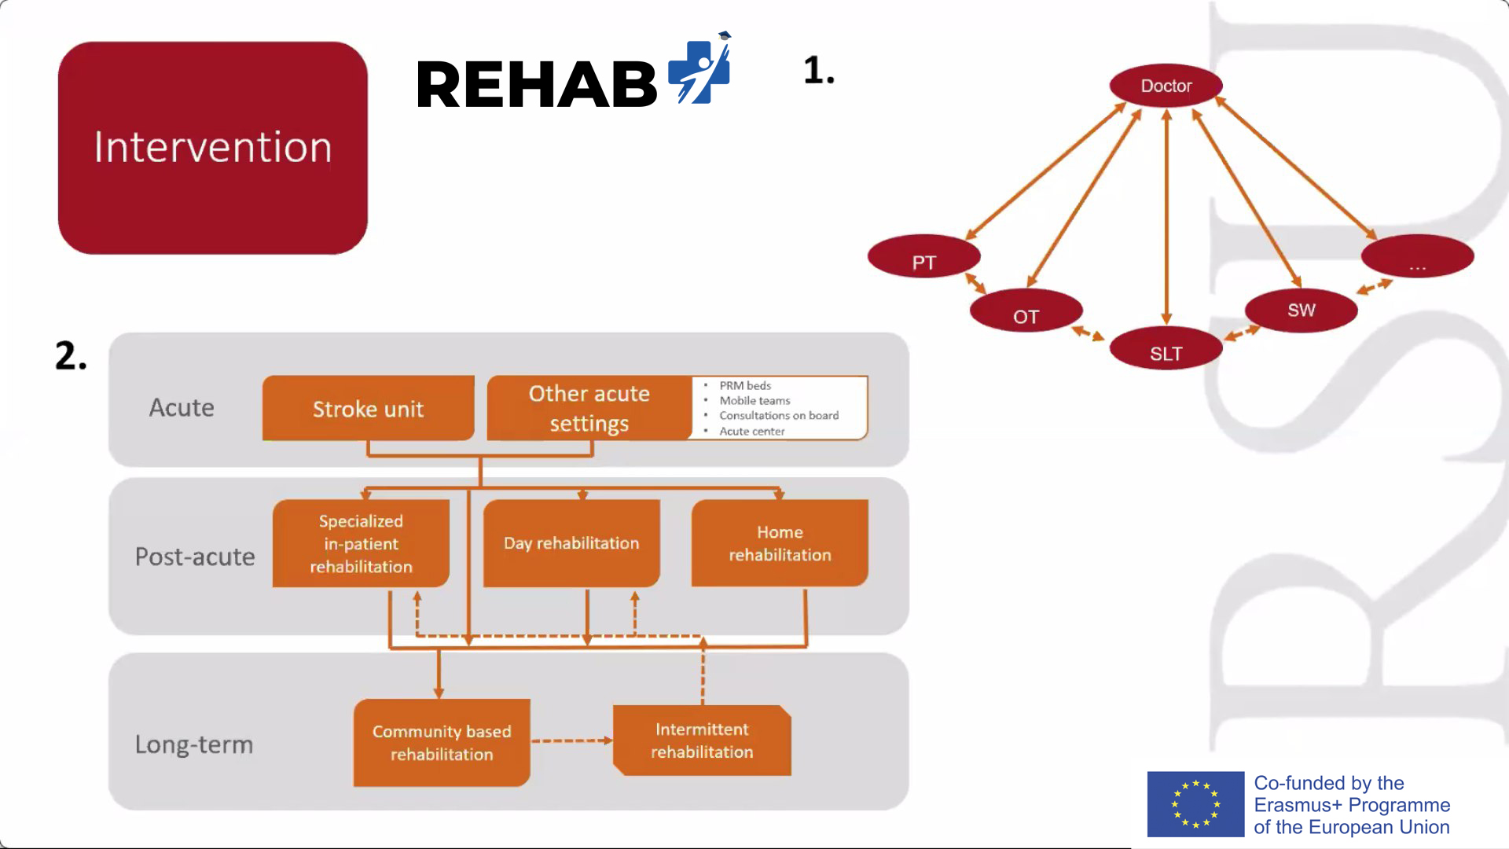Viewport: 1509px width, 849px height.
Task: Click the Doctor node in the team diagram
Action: pos(1166,85)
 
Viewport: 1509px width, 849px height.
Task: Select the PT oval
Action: pos(924,256)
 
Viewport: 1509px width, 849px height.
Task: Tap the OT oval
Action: pos(1026,311)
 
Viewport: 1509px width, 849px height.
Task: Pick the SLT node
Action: pos(1166,348)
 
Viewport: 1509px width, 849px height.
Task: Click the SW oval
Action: pos(1302,311)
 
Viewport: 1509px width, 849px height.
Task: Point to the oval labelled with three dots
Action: pos(1418,256)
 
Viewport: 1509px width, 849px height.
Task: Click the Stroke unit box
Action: pos(369,408)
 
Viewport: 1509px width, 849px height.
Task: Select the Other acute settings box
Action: pos(589,408)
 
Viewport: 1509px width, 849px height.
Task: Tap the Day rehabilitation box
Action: pos(571,543)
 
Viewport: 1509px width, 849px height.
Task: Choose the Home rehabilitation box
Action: pos(780,543)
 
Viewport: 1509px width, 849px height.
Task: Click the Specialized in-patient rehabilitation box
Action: pos(361,543)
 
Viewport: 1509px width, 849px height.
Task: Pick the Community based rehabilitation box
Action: pos(442,743)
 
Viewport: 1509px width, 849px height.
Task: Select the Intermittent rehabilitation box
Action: pos(702,741)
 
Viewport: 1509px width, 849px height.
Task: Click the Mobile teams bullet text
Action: pos(754,401)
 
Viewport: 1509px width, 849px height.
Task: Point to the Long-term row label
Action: pos(194,744)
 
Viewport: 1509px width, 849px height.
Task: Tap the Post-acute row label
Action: pos(195,557)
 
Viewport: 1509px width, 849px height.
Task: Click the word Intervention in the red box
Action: pos(213,147)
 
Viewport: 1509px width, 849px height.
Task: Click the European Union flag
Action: pos(1195,804)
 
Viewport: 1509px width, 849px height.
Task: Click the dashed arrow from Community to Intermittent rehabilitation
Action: pos(572,741)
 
